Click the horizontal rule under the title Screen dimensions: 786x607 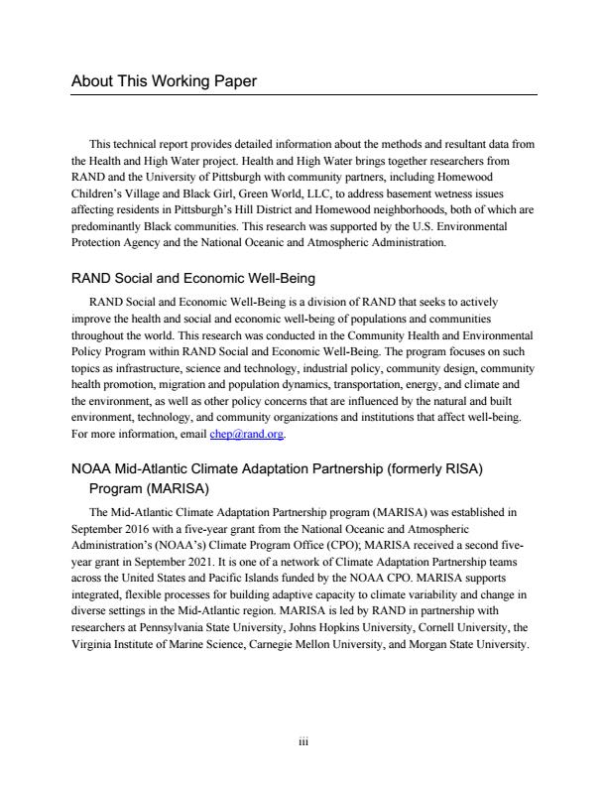coord(303,95)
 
